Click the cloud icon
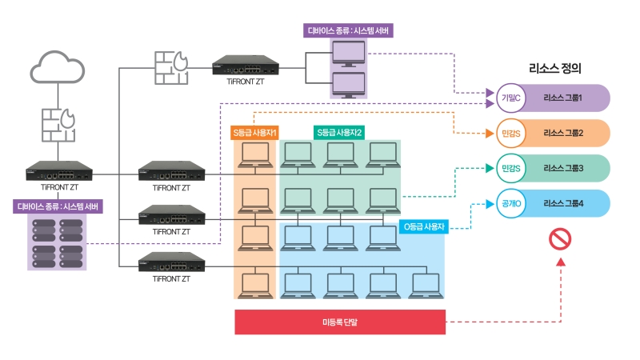[58, 67]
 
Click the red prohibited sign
[560, 238]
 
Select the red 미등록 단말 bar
[340, 322]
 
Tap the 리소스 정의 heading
[555, 68]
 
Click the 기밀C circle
[510, 98]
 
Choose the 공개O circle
[510, 203]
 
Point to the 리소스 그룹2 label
[563, 133]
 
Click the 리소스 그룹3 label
[563, 168]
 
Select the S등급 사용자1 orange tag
[254, 133]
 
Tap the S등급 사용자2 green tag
[339, 133]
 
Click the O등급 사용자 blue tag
[424, 226]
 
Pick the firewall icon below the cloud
[58, 125]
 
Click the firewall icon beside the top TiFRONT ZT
[171, 68]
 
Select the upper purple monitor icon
[349, 54]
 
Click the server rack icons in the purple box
[57, 243]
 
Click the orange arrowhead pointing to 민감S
[490, 133]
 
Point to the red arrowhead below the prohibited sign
[561, 262]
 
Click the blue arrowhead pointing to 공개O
[490, 204]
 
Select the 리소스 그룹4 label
[563, 203]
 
